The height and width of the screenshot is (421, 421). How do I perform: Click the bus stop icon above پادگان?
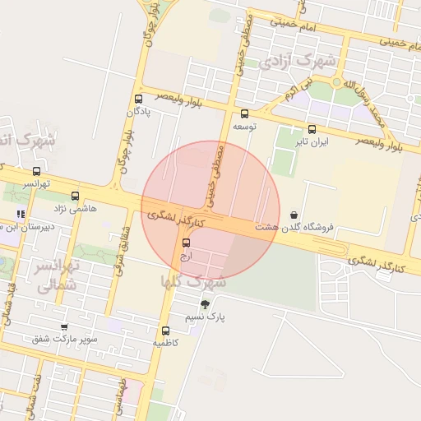[138, 98]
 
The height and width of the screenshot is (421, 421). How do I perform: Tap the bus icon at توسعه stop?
[244, 113]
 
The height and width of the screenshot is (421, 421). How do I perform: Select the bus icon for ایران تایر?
[312, 129]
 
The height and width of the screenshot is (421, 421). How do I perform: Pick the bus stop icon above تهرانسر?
[35, 171]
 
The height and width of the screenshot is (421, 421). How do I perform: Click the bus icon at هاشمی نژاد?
[76, 197]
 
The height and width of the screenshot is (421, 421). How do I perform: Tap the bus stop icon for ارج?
[186, 243]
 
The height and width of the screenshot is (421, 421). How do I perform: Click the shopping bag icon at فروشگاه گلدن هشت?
[294, 215]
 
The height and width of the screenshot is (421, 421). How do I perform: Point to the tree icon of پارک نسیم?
[206, 304]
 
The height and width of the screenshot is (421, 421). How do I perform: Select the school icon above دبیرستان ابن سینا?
[21, 215]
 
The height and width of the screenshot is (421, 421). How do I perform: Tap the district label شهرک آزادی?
[297, 61]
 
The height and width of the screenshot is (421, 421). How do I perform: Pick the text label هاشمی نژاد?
[76, 209]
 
